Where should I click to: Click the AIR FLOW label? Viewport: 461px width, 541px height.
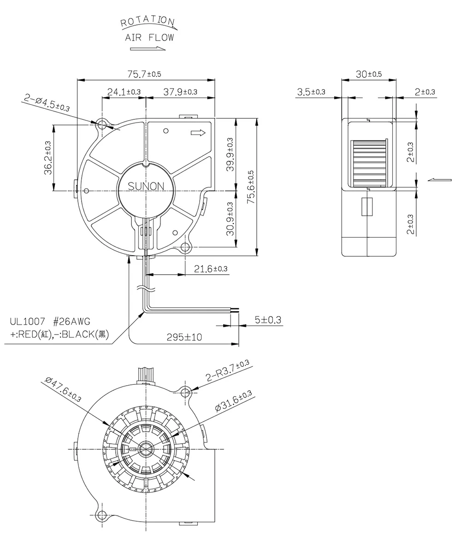149,38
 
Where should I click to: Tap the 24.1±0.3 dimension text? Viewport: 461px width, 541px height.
124,92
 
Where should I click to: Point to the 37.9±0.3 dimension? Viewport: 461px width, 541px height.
180,92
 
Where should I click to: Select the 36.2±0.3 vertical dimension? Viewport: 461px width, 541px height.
47,158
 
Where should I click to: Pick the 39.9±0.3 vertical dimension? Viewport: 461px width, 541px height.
230,154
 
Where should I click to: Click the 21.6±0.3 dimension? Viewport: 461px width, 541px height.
207,269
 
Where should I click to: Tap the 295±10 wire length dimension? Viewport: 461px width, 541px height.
184,338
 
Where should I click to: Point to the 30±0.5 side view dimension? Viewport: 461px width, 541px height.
369,74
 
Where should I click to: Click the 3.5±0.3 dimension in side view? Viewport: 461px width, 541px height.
311,92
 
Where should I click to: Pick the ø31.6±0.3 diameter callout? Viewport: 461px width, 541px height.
233,400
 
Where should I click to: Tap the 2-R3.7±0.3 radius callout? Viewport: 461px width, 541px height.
228,372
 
